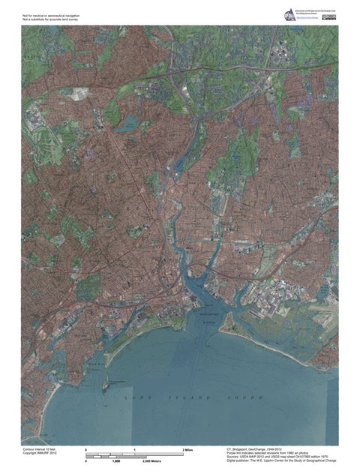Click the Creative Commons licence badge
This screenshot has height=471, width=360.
pyautogui.click(x=328, y=16)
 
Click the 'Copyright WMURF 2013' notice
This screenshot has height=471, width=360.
pyautogui.click(x=40, y=453)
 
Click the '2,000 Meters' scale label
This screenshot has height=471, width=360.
pyautogui.click(x=154, y=461)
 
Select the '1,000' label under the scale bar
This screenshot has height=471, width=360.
pyautogui.click(x=117, y=461)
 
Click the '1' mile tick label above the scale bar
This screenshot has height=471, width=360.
pyautogui.click(x=134, y=448)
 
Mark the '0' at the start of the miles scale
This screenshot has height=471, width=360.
pyautogui.click(x=86, y=448)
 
